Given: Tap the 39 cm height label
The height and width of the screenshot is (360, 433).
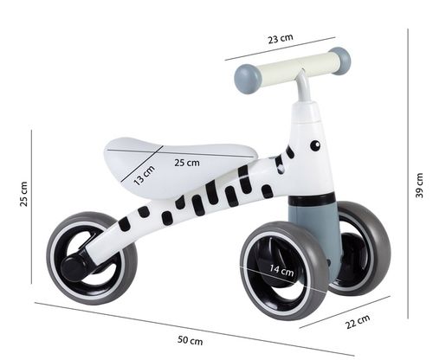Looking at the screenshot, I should click(x=420, y=185).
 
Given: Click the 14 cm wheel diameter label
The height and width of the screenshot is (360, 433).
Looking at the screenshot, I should click(x=282, y=270).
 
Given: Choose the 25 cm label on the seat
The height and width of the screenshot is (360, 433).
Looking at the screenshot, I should click(x=186, y=162).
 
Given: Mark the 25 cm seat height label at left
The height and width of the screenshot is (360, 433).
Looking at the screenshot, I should click(x=23, y=195).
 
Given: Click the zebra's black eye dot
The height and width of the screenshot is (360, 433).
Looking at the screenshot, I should click(x=314, y=145).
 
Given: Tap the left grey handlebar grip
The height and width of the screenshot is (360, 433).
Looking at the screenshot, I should click(x=247, y=80).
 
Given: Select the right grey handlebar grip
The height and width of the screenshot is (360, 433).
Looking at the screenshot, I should click(x=340, y=60).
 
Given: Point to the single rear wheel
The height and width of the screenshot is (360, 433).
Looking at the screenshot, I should click(x=90, y=258).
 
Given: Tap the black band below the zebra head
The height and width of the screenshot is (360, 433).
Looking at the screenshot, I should click(x=312, y=199).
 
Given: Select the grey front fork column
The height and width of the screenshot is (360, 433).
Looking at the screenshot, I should click(x=313, y=229).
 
